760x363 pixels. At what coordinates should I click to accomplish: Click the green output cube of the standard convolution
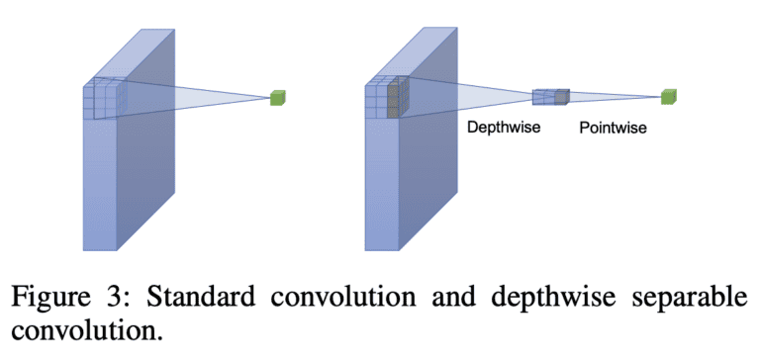coord(278,97)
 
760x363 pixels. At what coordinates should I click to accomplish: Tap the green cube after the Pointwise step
coord(671,96)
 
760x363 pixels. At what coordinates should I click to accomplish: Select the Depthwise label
coord(503,128)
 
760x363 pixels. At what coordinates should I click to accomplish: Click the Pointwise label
coord(613,128)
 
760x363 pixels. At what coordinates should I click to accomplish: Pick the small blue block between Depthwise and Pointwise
coord(550,96)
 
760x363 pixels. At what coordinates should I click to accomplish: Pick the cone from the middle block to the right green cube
coord(614,96)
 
